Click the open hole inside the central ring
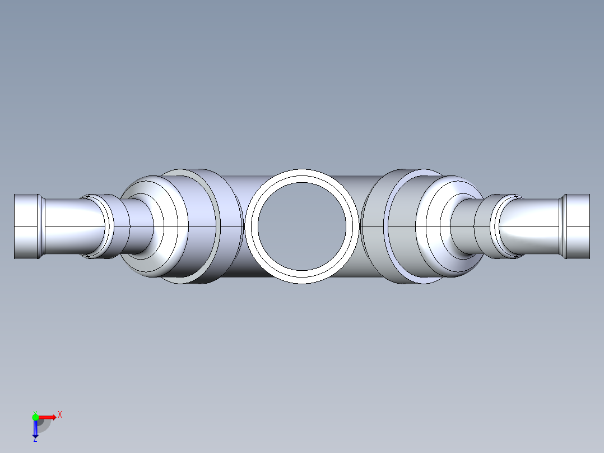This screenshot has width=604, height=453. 302,225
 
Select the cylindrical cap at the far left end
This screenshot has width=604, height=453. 26,226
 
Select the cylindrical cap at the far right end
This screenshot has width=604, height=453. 578,226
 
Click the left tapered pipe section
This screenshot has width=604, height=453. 73,226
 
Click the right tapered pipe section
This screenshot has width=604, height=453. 529,226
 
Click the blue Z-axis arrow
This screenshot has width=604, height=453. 35,429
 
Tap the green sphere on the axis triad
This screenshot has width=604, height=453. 35,417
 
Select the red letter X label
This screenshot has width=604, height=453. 60,415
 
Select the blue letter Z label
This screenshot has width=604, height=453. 35,440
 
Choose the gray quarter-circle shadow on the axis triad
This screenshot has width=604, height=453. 43,424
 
